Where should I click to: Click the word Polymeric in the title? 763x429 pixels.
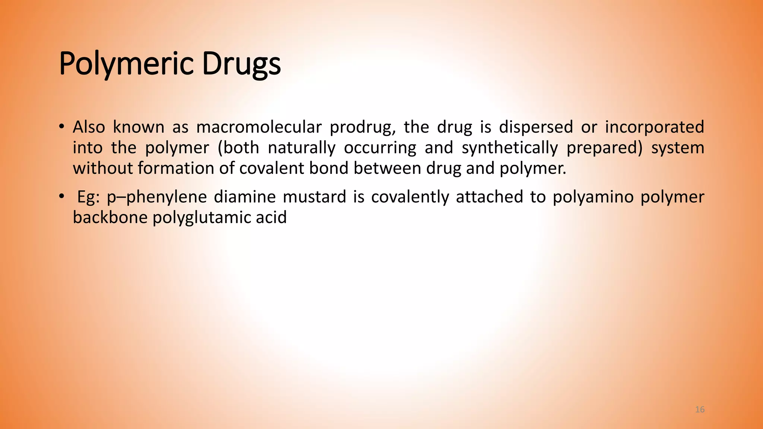(126, 64)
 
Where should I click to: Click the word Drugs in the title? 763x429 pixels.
(241, 64)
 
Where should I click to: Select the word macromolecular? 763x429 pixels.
(259, 127)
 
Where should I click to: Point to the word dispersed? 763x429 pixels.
(536, 127)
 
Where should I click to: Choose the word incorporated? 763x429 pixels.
(654, 127)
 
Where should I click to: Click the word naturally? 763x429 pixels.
(301, 148)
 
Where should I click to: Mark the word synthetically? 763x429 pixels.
(510, 148)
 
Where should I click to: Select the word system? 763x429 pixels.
(677, 148)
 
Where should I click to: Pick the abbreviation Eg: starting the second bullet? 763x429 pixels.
(88, 197)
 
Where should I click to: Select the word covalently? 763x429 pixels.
(410, 197)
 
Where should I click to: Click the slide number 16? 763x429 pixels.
(700, 410)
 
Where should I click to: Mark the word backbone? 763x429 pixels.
(110, 217)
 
